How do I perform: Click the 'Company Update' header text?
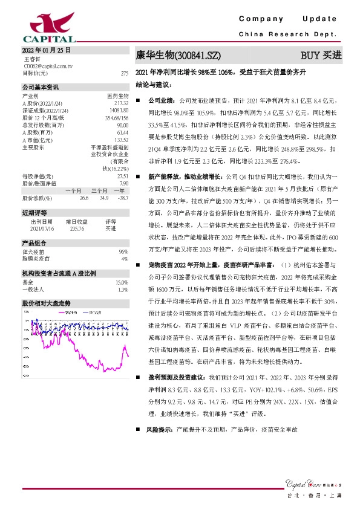[x=291, y=20]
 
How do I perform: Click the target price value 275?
[x=125, y=73]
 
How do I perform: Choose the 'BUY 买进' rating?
[x=321, y=56]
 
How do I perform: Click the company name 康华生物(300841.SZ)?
[x=178, y=56]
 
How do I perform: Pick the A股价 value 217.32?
[x=122, y=103]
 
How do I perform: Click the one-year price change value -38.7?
[x=122, y=198]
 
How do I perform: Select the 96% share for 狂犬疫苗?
[x=123, y=251]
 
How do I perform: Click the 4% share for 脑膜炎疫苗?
[x=125, y=258]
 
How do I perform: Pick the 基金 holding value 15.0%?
[x=122, y=282]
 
